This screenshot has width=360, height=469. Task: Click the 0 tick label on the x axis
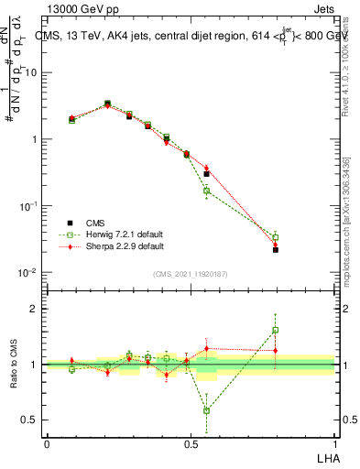(x=47, y=443)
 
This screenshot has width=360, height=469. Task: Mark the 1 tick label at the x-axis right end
(x=335, y=443)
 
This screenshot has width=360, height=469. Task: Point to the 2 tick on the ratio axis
(x=38, y=309)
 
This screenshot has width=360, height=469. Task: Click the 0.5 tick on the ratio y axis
(x=34, y=420)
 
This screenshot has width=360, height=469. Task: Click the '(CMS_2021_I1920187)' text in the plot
(x=191, y=272)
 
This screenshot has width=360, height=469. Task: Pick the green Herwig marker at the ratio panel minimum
(x=206, y=410)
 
